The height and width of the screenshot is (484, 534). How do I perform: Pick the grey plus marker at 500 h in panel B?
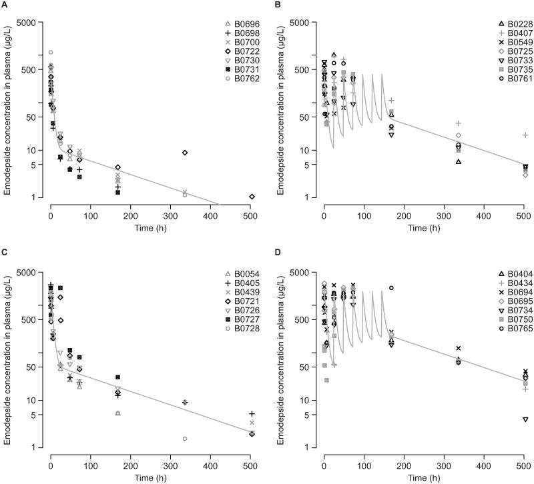coord(525,135)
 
